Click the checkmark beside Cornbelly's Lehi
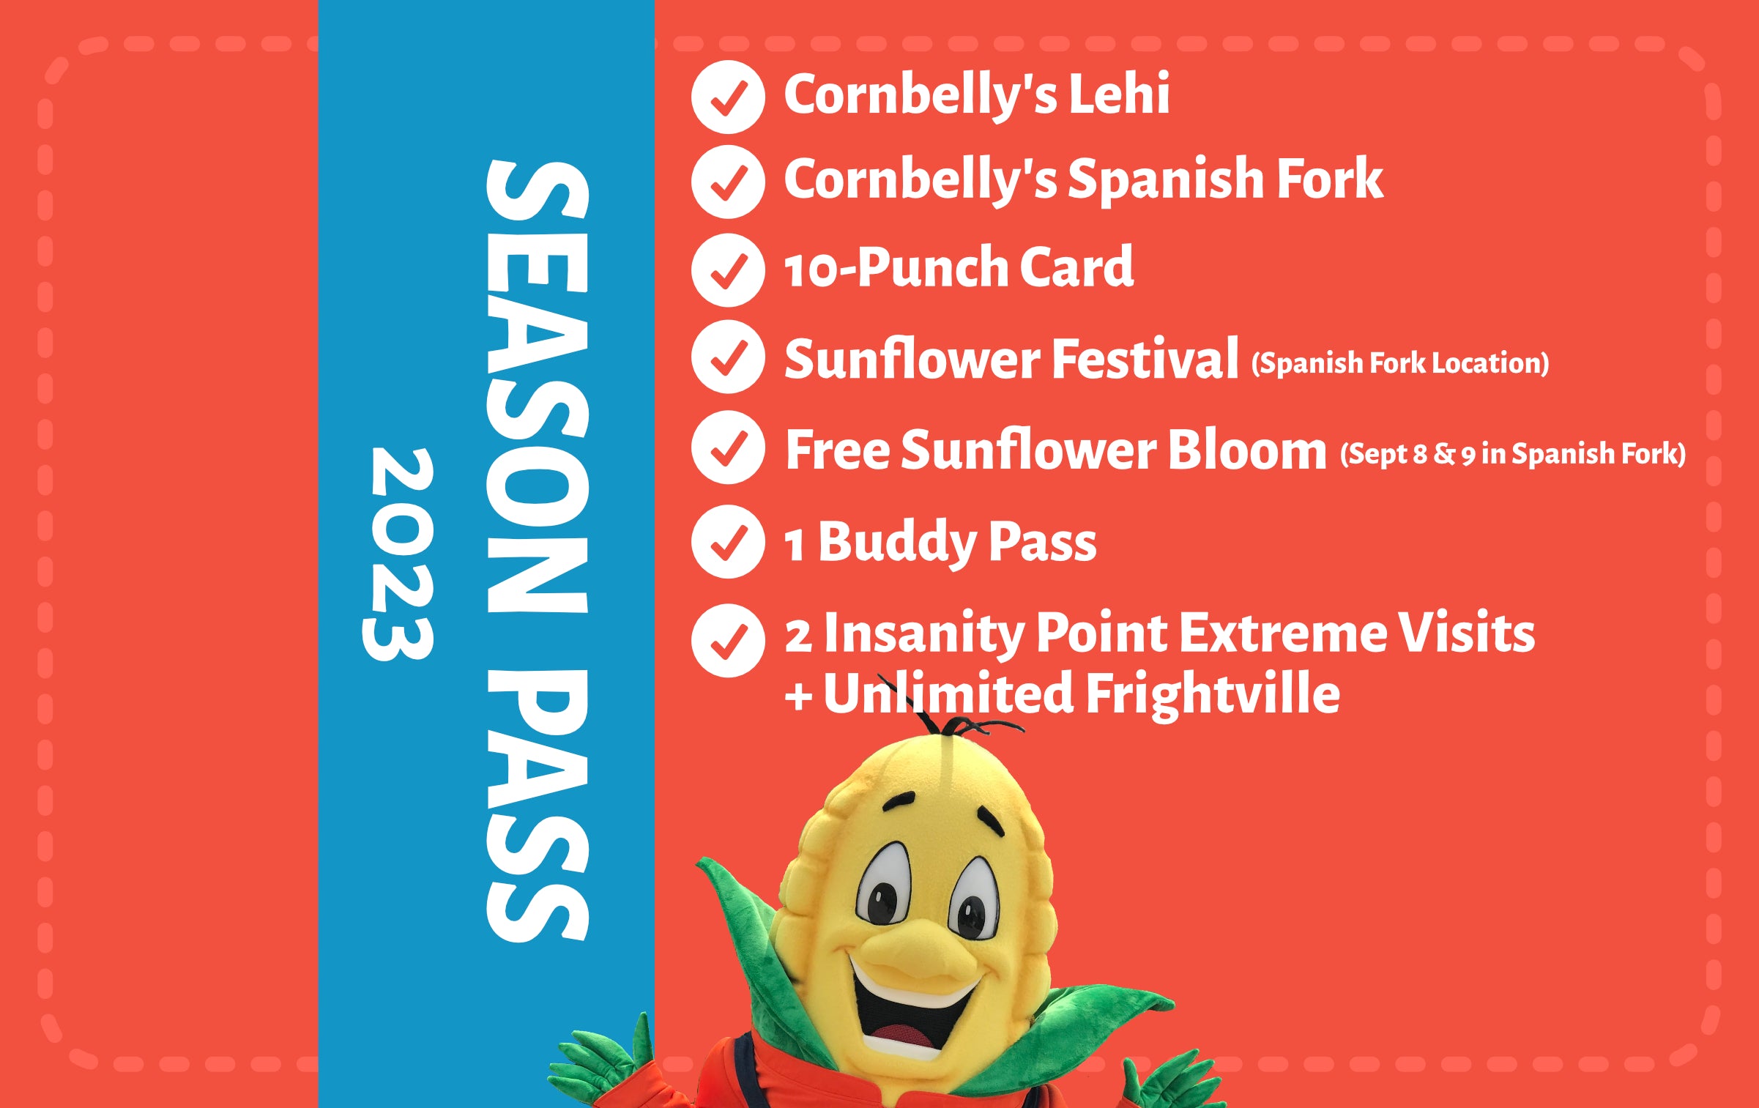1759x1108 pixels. pos(728,97)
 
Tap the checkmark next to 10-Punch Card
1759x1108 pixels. pos(728,270)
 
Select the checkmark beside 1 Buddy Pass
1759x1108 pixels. pos(728,542)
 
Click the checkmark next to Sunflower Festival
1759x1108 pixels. pos(728,357)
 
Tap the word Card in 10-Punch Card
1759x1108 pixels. pos(1076,267)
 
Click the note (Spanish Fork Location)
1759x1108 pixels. pos(1400,363)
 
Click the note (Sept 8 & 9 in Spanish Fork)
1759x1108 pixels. pos(1513,454)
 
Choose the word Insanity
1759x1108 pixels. pos(923,634)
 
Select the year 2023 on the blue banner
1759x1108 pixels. pos(398,554)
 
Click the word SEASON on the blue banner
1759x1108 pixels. pos(538,386)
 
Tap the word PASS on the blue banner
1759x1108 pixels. pos(538,806)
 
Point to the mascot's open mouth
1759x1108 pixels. pos(915,1018)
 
